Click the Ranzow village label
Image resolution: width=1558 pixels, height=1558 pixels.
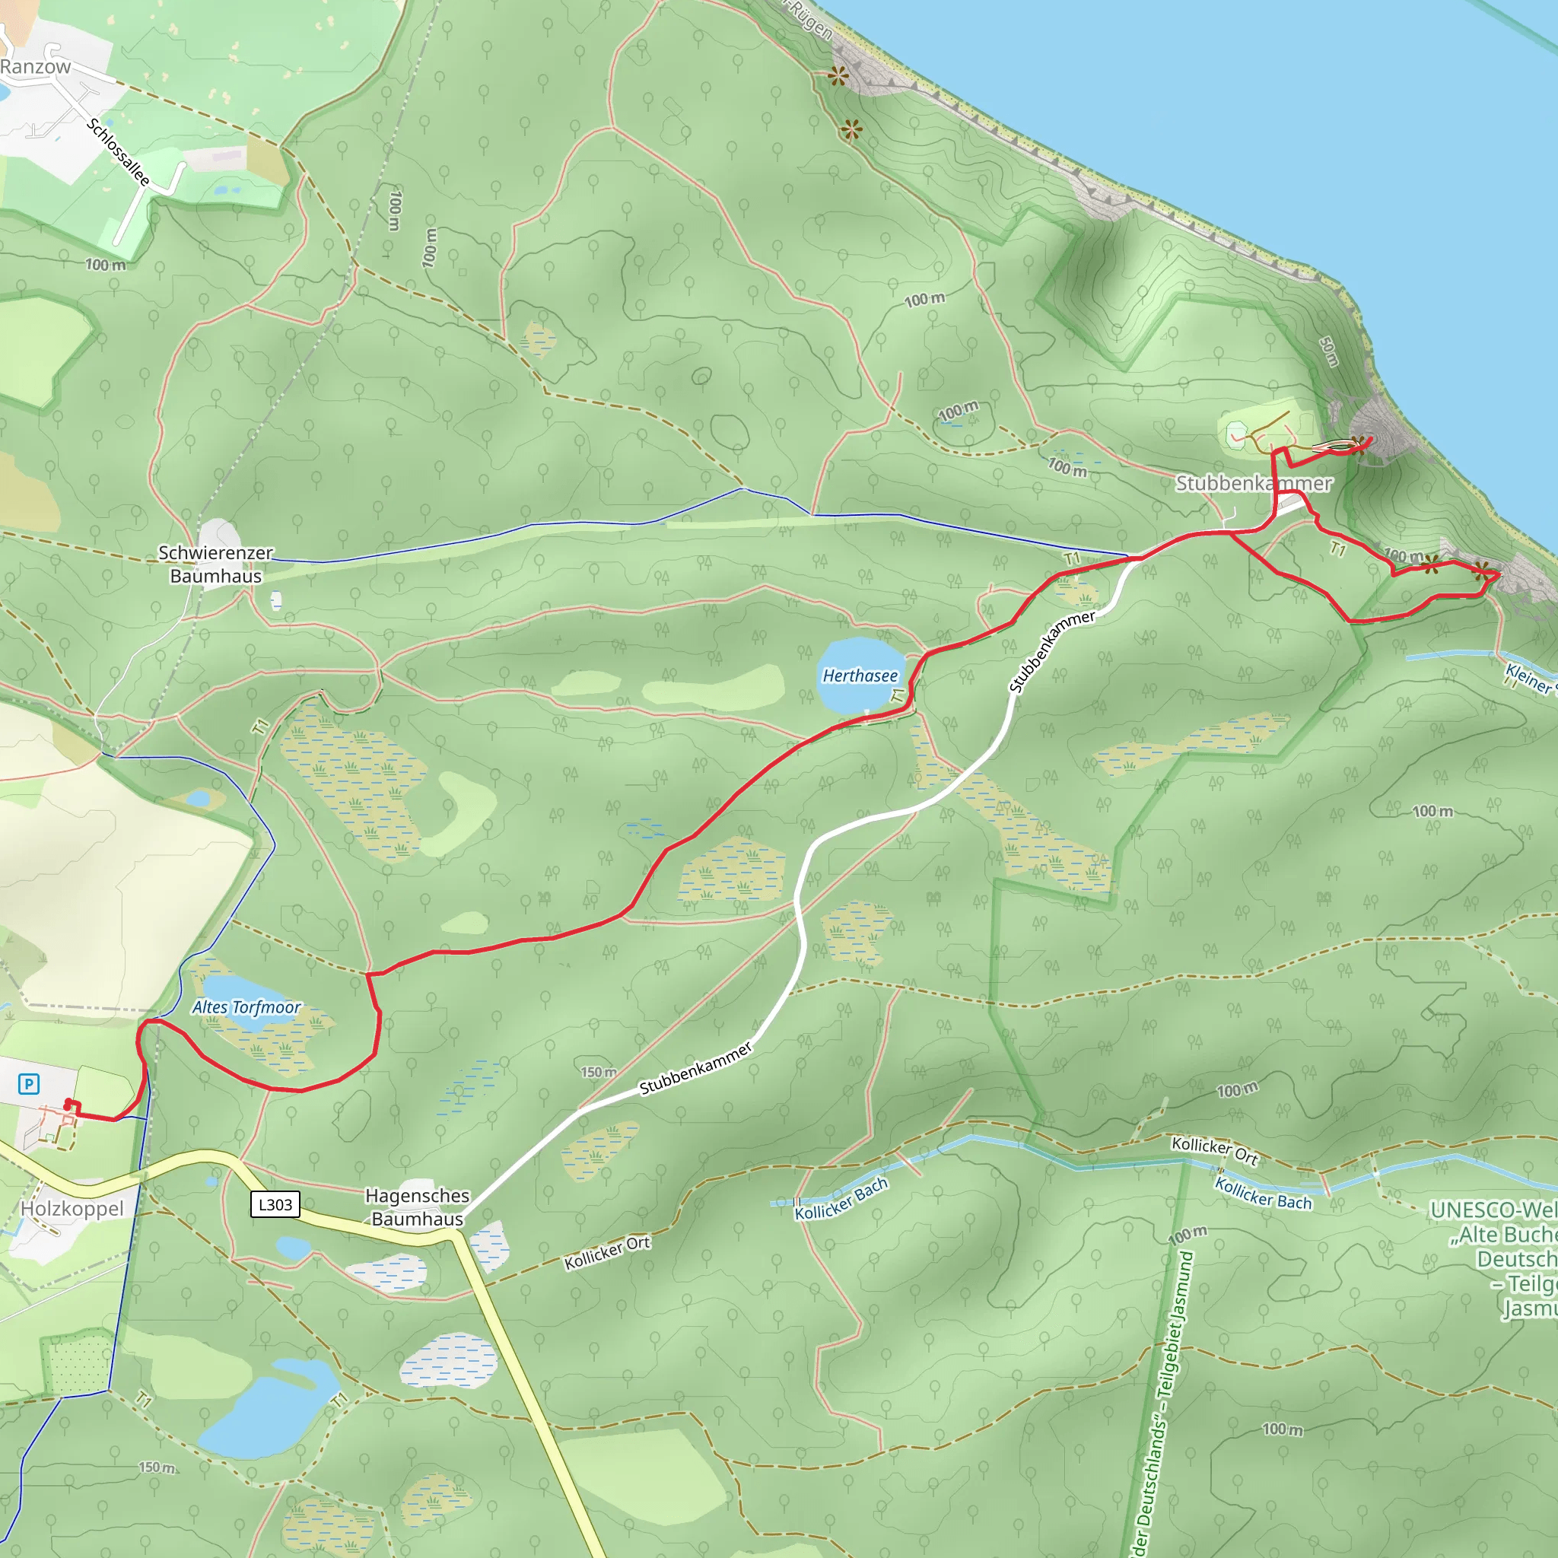[x=36, y=67]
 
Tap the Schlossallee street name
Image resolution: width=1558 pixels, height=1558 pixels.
[x=119, y=151]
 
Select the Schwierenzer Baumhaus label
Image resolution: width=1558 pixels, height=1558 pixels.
[x=215, y=564]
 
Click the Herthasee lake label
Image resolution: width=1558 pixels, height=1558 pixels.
[x=860, y=676]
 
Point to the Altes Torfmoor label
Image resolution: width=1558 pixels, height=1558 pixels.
[x=246, y=1007]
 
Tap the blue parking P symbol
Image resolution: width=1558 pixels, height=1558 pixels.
[x=29, y=1084]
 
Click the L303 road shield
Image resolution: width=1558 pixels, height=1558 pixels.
[x=275, y=1205]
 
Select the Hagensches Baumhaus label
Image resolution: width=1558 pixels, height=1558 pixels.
[x=417, y=1207]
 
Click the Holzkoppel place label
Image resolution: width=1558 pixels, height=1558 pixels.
[x=72, y=1209]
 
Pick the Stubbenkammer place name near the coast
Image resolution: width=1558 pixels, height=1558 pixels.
[x=1254, y=483]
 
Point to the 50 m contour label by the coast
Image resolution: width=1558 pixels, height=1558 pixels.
[x=1329, y=351]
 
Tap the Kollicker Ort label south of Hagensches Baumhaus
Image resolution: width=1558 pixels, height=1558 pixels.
[x=606, y=1252]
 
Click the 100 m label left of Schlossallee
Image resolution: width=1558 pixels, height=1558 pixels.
[x=106, y=265]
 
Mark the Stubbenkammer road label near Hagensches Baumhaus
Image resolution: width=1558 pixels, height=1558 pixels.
[x=695, y=1069]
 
